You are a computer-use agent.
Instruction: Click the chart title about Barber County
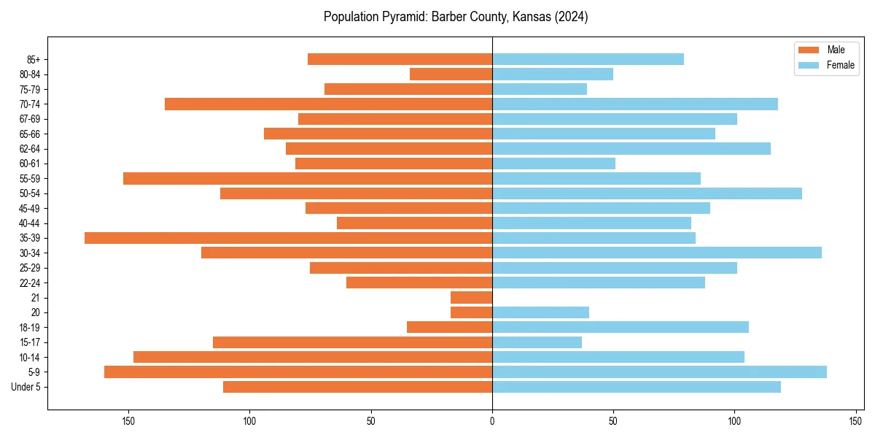click(x=456, y=17)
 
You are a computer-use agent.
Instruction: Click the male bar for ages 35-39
click(x=288, y=238)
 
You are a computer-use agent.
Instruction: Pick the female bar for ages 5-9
click(x=660, y=372)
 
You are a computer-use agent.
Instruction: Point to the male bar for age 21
click(x=471, y=298)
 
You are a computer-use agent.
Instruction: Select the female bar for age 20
click(x=540, y=312)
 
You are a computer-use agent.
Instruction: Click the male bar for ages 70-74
click(x=328, y=104)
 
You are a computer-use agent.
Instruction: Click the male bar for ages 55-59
click(x=308, y=178)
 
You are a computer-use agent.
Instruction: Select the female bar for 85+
click(x=588, y=59)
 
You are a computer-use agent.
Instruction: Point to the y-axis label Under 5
click(x=26, y=387)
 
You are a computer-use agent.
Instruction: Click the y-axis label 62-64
click(x=30, y=149)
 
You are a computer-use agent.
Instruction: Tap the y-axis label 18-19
click(x=30, y=328)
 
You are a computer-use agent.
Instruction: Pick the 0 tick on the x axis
click(x=492, y=420)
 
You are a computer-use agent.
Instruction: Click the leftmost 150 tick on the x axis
click(x=128, y=420)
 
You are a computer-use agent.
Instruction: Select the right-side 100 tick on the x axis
click(x=734, y=420)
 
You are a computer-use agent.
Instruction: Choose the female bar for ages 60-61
click(x=553, y=164)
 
